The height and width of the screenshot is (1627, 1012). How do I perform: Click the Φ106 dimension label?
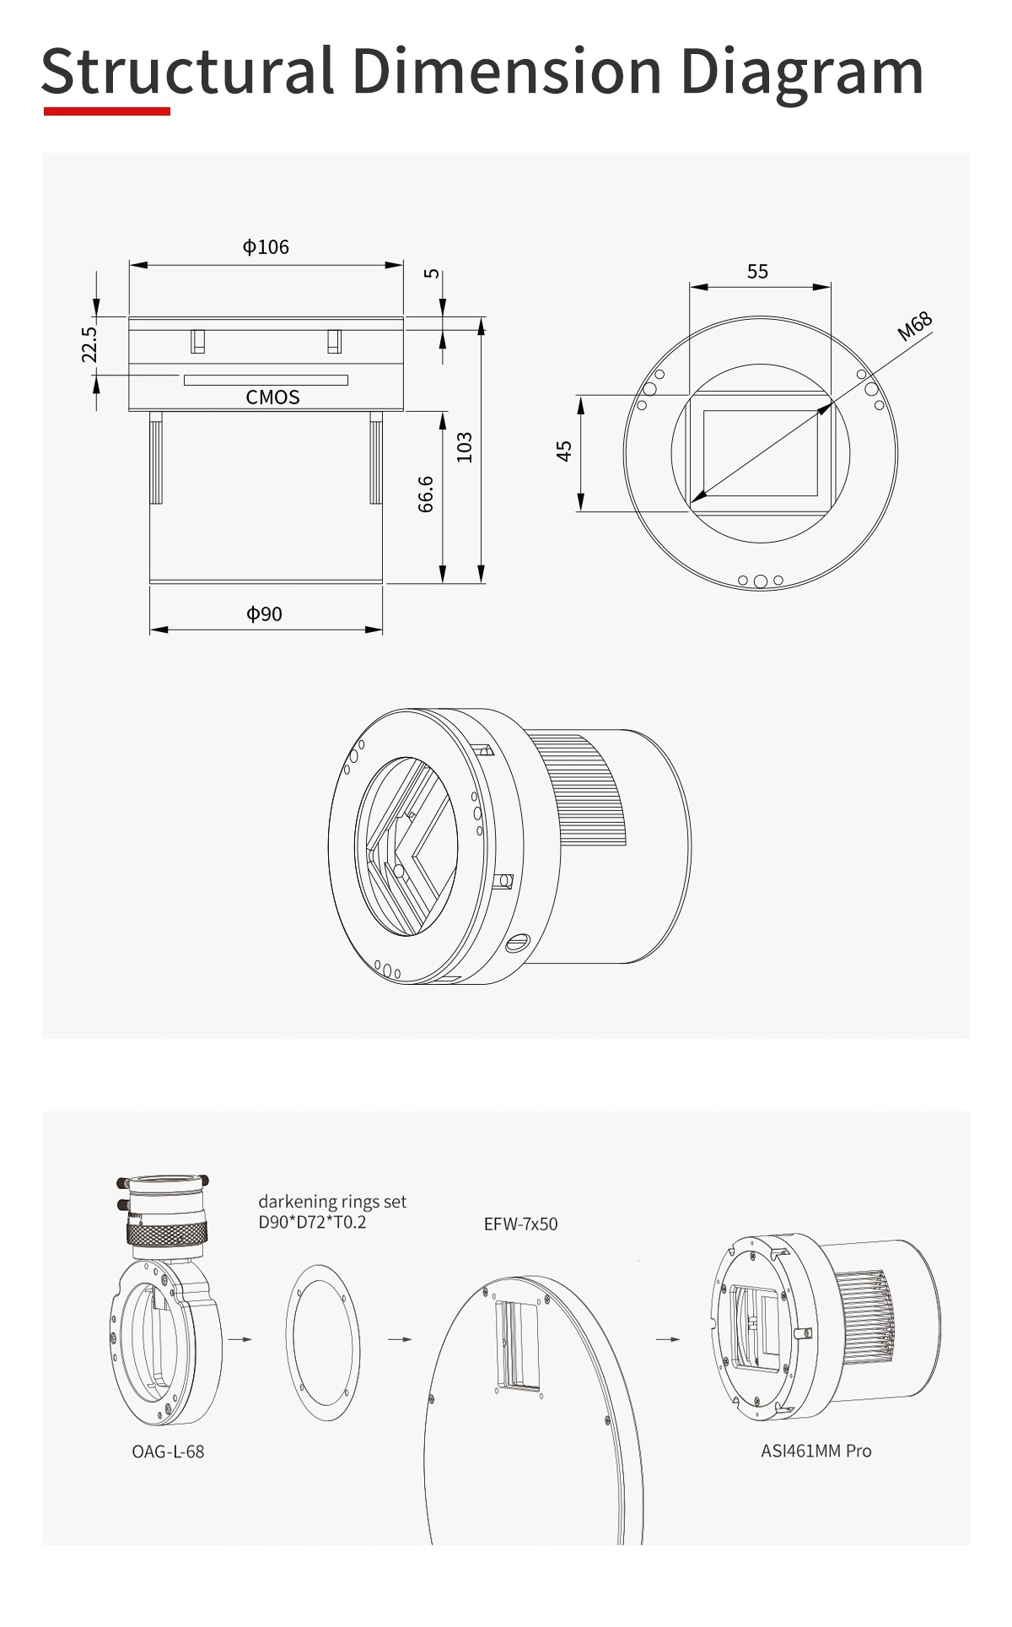266,246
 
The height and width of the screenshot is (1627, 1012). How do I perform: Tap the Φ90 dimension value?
264,614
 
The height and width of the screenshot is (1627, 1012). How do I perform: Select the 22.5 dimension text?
90,344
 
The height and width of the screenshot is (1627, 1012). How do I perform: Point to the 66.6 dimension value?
426,494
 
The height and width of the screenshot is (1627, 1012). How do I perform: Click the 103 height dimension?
464,447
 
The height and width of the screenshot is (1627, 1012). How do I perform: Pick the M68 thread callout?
914,326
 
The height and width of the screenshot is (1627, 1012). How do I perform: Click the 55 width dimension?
757,271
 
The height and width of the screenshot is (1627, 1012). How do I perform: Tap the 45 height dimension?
564,451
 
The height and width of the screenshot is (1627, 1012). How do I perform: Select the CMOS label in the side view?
272,397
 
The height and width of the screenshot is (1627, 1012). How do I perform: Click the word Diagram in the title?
802,71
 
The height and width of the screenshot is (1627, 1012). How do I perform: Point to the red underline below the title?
107,111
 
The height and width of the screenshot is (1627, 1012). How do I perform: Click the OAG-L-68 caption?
168,1451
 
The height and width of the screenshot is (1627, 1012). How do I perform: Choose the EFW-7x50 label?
520,1224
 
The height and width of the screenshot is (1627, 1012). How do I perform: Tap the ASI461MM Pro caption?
816,1451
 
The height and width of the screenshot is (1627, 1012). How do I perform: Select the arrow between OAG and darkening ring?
240,1338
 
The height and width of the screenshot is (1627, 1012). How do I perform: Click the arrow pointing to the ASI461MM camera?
668,1338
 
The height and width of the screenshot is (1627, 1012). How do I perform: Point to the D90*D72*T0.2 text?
313,1221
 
